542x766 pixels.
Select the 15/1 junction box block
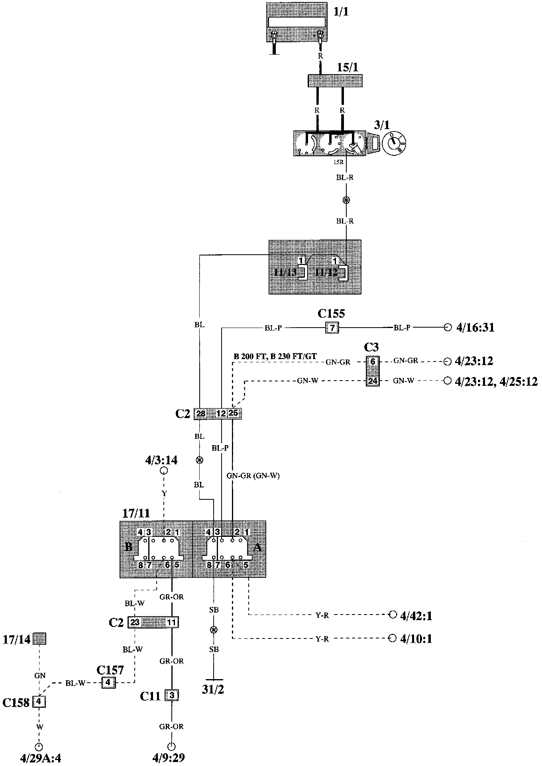(335, 81)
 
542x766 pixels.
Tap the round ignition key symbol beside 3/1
(394, 143)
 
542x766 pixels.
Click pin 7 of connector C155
(332, 328)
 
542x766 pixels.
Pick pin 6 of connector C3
(373, 361)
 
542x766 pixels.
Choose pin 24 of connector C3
(373, 381)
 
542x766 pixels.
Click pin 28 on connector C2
(201, 414)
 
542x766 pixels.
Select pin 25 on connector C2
(234, 413)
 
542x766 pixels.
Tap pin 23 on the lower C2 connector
(135, 622)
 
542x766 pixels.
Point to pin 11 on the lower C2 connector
(171, 622)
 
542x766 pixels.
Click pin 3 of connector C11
(172, 696)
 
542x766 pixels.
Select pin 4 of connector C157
(108, 683)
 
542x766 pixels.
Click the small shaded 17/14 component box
(39, 639)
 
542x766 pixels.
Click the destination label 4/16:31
(474, 328)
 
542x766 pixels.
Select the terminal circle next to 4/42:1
(393, 614)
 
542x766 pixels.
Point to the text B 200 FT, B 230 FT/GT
(275, 356)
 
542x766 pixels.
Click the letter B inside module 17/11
(129, 546)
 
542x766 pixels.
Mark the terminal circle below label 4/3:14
(163, 471)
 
